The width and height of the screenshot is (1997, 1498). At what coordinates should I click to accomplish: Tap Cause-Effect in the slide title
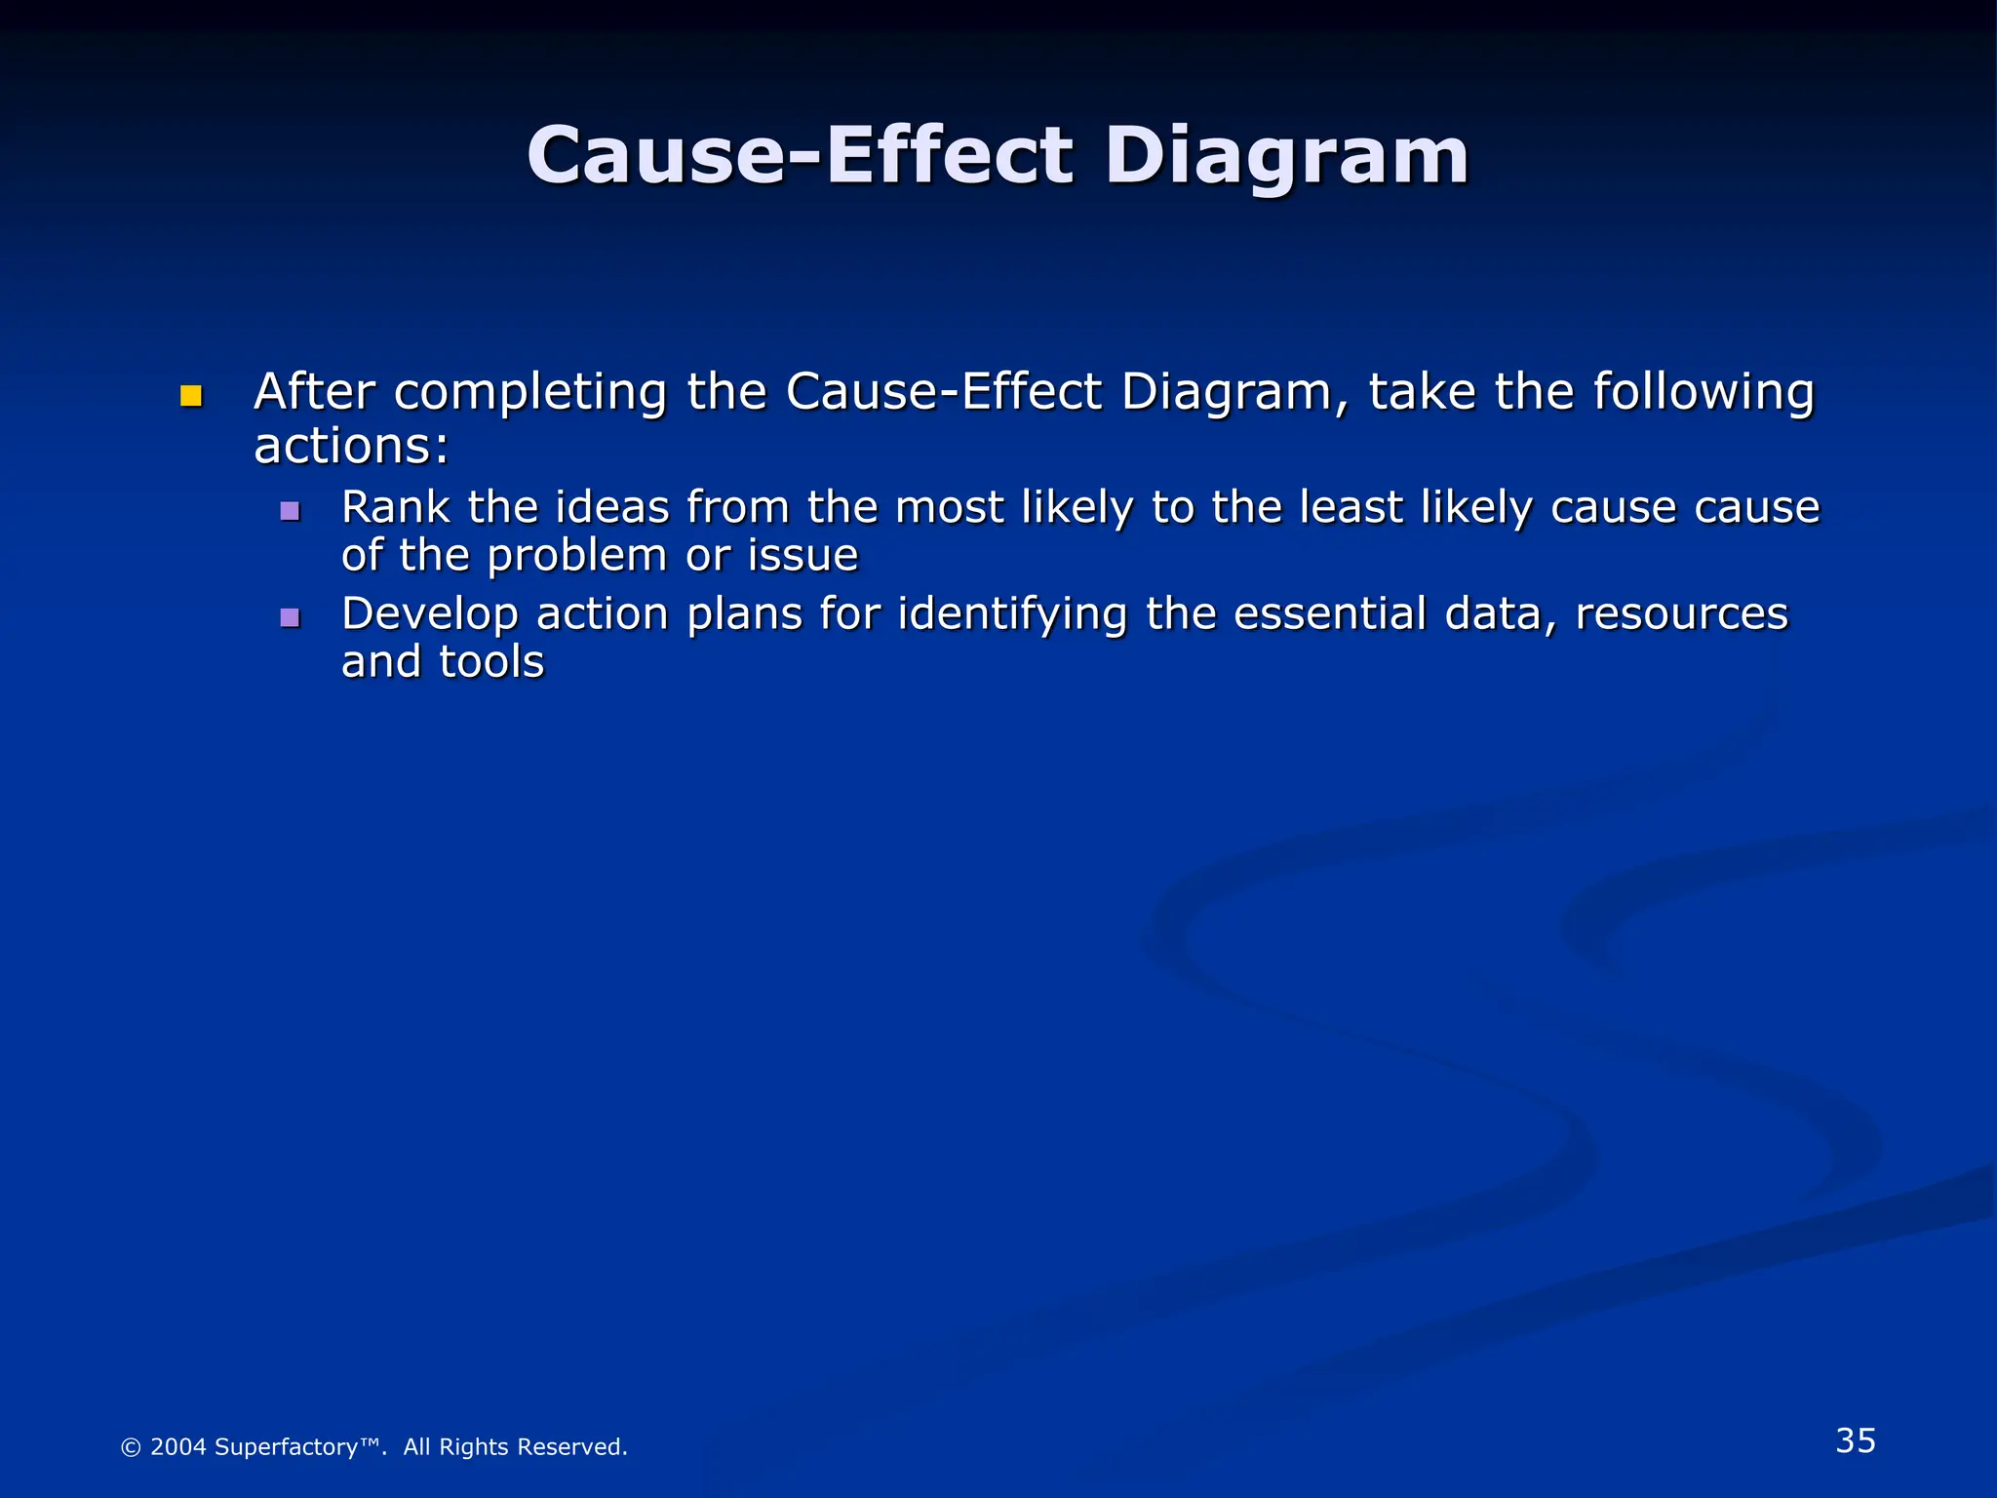tap(800, 156)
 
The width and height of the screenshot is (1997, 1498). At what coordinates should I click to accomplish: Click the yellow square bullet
tap(191, 396)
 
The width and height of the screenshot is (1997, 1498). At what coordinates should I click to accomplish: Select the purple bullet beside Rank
tap(290, 510)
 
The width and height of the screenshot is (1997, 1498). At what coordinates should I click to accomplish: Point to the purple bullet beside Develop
tap(290, 616)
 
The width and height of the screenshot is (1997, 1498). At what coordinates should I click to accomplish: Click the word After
tap(314, 392)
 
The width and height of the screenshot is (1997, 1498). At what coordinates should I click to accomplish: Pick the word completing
tap(530, 394)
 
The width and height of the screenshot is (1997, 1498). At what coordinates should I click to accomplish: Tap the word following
tap(1703, 394)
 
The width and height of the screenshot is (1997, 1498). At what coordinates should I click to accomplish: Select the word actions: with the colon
tap(351, 447)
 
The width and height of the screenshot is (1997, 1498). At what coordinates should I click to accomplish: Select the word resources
tap(1681, 614)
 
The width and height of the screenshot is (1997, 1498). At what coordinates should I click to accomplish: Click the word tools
tap(491, 662)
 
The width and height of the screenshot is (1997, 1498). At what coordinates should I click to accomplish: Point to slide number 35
tap(1856, 1441)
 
